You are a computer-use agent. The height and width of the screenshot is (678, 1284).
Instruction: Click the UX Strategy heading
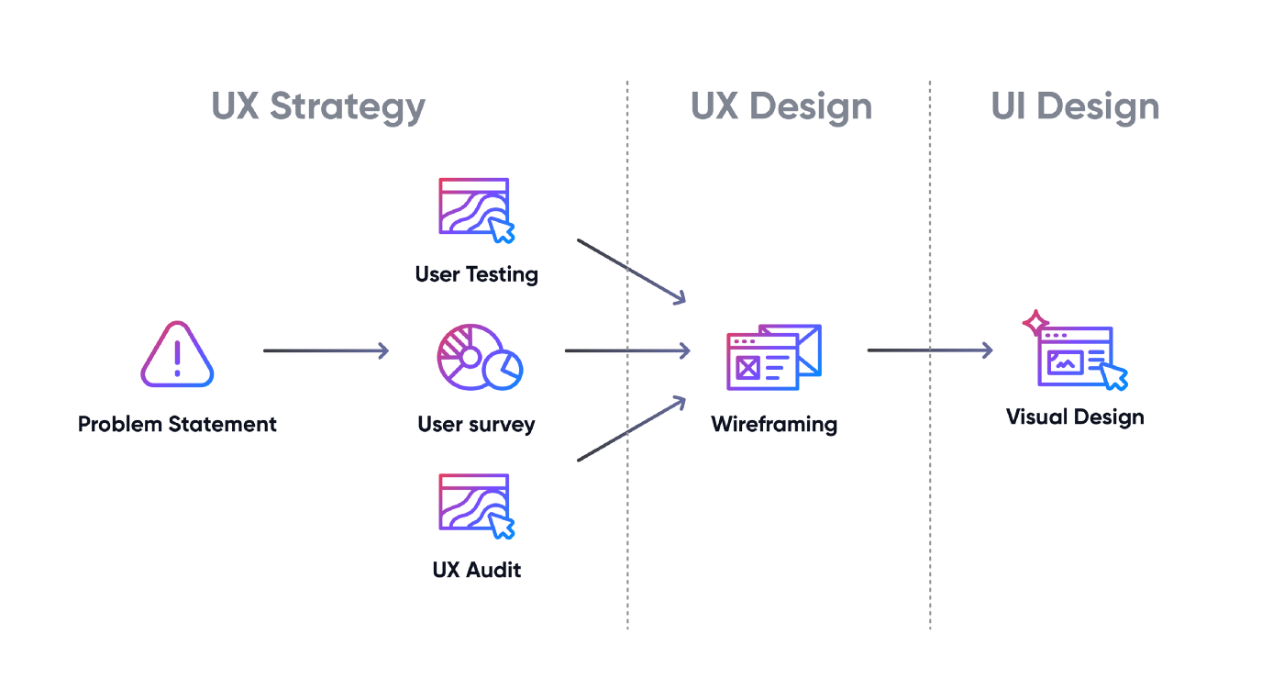pos(318,106)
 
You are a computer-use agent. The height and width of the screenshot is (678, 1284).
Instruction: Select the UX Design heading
pos(781,106)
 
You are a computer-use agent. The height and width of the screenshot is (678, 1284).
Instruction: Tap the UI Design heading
pos(1075,106)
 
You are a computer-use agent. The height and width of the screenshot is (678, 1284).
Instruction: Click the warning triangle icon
pos(177,355)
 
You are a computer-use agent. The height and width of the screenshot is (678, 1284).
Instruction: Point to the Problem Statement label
pos(177,424)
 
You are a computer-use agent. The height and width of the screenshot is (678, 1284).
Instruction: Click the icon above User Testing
pos(476,210)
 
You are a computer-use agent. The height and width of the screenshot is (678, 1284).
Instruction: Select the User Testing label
pos(476,274)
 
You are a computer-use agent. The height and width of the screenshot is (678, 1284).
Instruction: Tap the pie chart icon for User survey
pos(479,357)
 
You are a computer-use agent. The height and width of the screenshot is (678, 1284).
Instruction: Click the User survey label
pos(476,424)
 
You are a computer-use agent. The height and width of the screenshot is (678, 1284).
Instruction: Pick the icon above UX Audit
pos(476,506)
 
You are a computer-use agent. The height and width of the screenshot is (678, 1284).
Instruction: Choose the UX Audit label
pos(476,570)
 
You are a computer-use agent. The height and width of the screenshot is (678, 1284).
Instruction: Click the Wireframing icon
pos(773,358)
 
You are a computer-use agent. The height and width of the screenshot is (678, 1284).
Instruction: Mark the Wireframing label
pos(774,424)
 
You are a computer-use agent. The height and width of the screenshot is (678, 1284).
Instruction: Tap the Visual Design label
pos(1075,417)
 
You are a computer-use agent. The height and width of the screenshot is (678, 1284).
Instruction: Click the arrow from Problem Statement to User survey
pos(326,350)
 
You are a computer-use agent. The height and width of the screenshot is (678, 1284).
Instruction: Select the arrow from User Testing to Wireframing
pos(631,271)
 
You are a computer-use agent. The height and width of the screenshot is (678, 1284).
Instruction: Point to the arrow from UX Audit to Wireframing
pos(631,428)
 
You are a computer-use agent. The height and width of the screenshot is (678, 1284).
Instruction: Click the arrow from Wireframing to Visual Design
pos(929,350)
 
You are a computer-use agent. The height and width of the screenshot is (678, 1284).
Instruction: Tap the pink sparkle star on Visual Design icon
pos(1035,323)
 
